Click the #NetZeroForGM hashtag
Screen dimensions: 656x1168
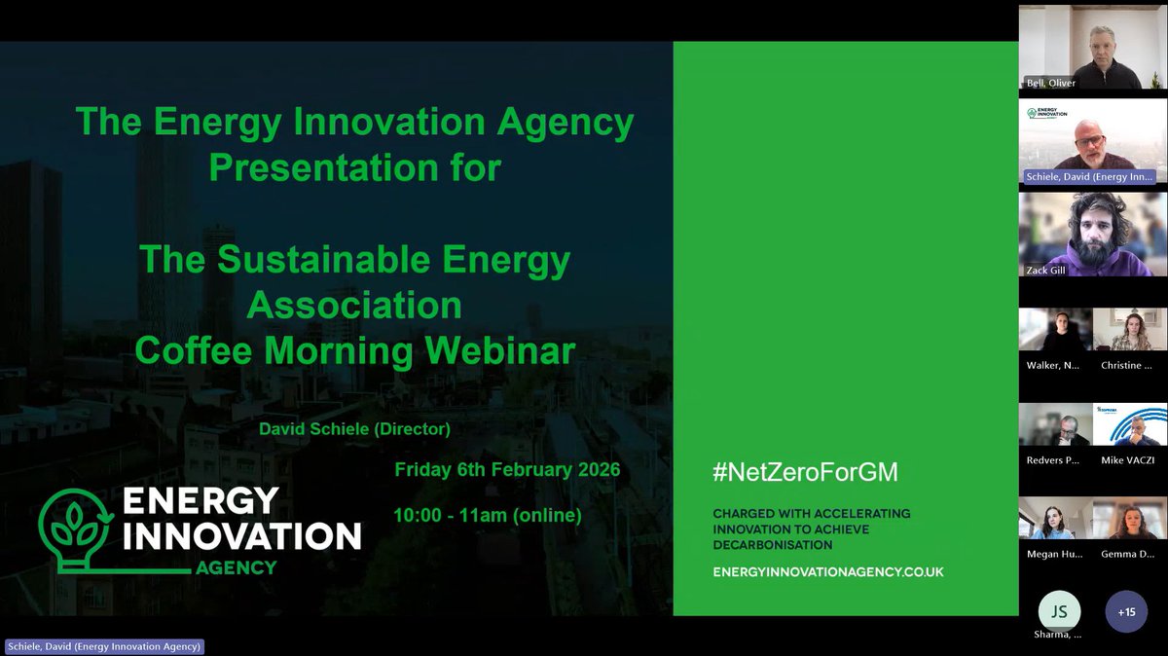pos(805,473)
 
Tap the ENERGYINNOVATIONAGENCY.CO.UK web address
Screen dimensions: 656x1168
pos(827,571)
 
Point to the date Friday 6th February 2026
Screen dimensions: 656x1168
pos(507,469)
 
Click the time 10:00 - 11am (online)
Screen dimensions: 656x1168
pos(488,515)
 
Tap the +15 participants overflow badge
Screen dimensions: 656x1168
pos(1126,611)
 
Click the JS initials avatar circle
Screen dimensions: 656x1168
pos(1058,611)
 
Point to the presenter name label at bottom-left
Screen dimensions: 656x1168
pos(104,646)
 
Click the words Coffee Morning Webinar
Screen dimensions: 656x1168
pos(355,350)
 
